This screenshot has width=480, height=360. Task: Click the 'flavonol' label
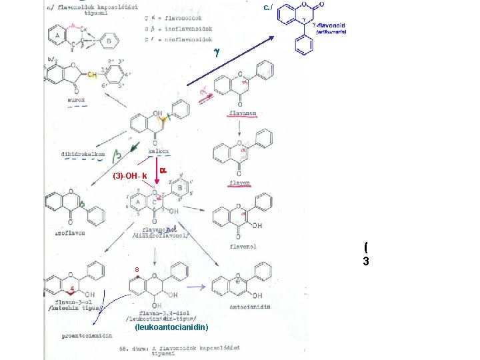[243, 246]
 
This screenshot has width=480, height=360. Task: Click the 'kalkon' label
[158, 151]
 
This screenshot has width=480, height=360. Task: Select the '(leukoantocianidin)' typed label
[171, 327]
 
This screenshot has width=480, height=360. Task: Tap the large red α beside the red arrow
[163, 171]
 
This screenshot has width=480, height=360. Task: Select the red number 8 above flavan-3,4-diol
[137, 269]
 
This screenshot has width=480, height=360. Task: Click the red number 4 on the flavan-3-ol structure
[70, 288]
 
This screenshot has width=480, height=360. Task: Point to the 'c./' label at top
[267, 7]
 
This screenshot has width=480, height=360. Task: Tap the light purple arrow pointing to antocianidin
[195, 287]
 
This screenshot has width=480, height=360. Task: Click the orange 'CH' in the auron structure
[92, 75]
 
